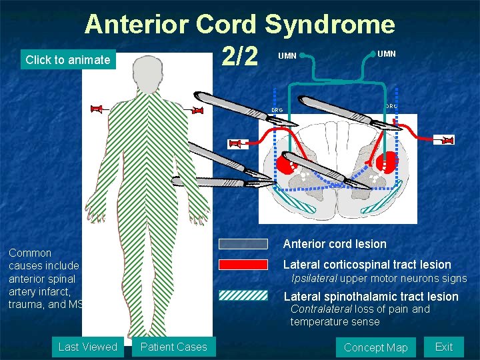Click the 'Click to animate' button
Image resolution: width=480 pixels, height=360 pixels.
click(x=67, y=60)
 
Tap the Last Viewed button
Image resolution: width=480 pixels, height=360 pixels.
click(x=87, y=347)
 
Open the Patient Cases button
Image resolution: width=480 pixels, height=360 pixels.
click(x=174, y=347)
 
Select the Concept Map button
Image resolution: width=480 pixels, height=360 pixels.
click(x=375, y=347)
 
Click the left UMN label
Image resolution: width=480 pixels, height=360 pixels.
click(x=287, y=56)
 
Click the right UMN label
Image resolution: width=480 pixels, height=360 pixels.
click(x=387, y=53)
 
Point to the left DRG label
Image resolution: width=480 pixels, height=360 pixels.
click(x=277, y=110)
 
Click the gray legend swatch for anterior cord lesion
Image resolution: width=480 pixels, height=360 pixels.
click(x=243, y=244)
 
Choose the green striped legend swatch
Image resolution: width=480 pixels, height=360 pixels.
click(x=243, y=297)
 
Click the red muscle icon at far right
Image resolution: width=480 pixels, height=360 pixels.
click(x=447, y=140)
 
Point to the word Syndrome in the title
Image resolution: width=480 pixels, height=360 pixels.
click(x=329, y=25)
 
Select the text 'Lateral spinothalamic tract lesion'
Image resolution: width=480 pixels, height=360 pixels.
click(x=371, y=297)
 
